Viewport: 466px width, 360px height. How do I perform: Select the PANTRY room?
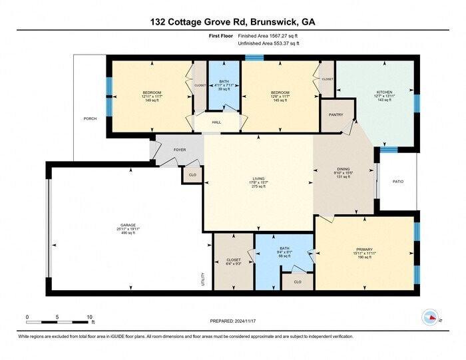(x=336, y=114)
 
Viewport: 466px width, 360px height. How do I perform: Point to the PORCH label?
(x=90, y=118)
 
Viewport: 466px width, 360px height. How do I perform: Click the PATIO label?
(x=398, y=181)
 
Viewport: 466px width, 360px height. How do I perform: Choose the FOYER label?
(x=180, y=150)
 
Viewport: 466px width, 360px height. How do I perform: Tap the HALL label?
(x=217, y=122)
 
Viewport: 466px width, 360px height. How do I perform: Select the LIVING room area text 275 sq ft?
(x=258, y=187)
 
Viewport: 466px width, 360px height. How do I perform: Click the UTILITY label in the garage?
(x=203, y=280)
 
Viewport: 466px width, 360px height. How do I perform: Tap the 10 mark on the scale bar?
(x=89, y=317)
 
